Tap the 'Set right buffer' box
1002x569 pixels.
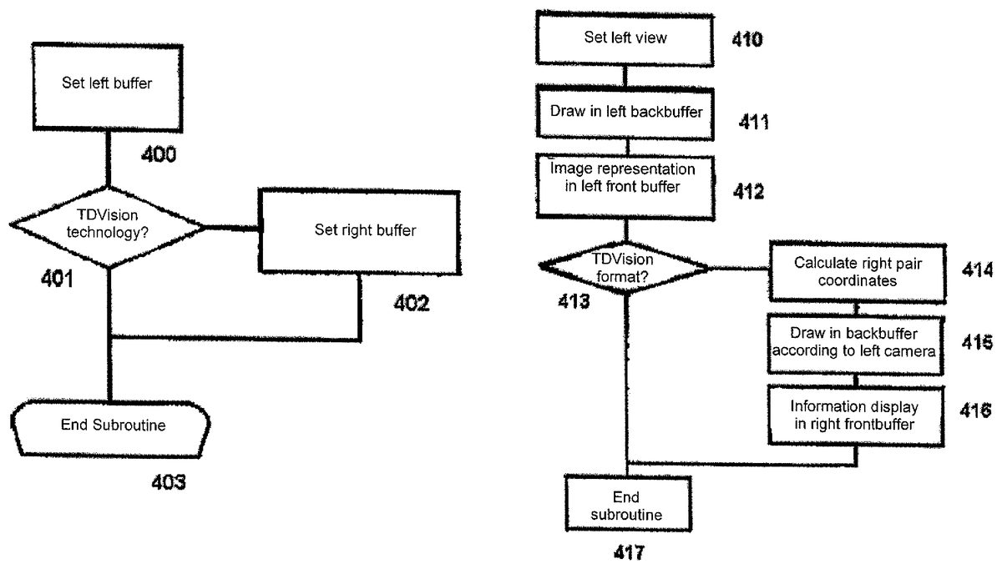(360, 231)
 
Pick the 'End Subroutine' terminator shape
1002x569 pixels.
(113, 425)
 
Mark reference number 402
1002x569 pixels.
(412, 304)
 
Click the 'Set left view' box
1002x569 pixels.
(625, 38)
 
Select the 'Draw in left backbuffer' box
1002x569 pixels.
(626, 112)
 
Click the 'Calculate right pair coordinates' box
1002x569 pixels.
(858, 272)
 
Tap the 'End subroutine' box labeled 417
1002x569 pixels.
(626, 507)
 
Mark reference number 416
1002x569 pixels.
(974, 410)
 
